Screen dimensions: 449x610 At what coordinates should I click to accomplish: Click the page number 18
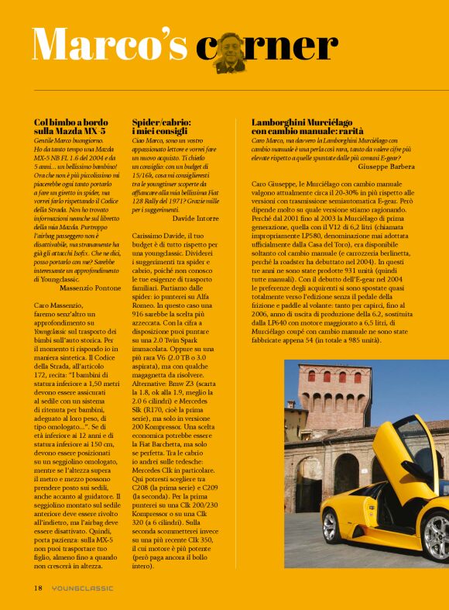tap(37, 588)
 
